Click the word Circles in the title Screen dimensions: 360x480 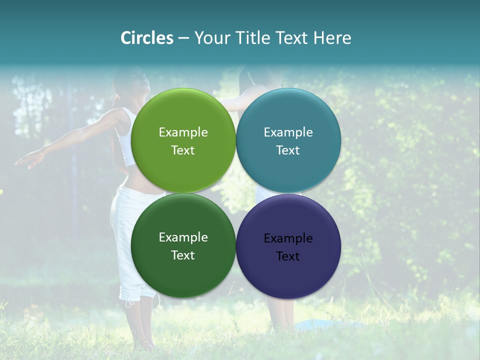pos(146,38)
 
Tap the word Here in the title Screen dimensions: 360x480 pos(332,38)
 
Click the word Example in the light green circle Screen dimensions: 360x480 pos(183,132)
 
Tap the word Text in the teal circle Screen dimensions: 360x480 pos(288,150)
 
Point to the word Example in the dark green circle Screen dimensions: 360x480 pos(183,237)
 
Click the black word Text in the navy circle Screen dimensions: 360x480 pos(288,256)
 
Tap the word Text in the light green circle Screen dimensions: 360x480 pos(183,150)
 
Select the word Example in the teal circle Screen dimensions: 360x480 pos(288,132)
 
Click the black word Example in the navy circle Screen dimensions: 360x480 pos(288,238)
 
